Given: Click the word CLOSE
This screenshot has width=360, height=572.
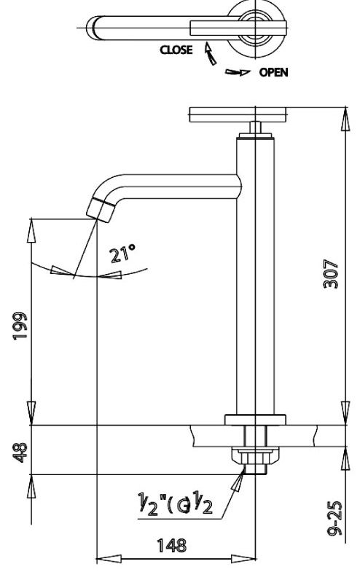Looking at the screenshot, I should click(x=177, y=50).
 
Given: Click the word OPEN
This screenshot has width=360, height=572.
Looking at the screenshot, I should click(x=273, y=72).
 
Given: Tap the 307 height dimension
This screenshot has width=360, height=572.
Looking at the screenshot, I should click(x=332, y=273).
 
